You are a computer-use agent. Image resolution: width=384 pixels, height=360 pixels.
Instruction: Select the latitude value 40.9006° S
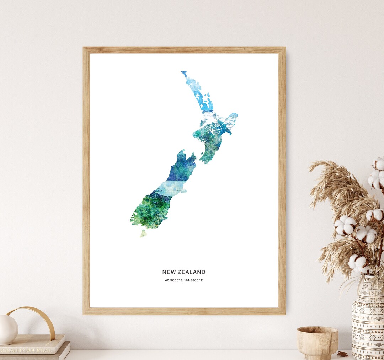174,280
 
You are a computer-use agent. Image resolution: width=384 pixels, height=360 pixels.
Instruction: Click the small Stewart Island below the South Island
143,233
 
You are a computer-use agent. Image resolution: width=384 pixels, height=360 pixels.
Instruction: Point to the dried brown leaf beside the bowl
343,354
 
